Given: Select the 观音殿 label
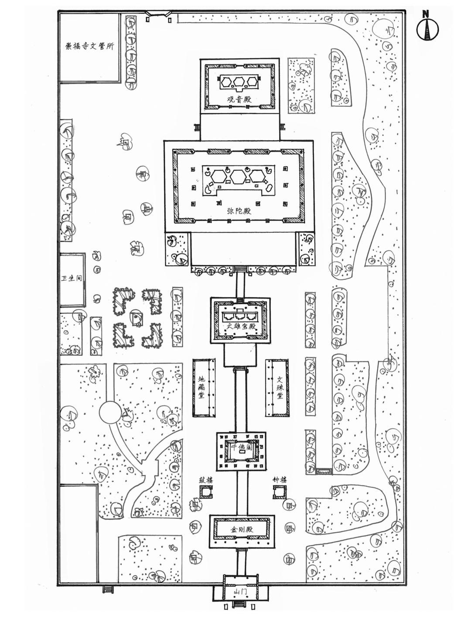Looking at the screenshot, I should pyautogui.click(x=239, y=99).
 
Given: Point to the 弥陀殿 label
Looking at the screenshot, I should pyautogui.click(x=239, y=211).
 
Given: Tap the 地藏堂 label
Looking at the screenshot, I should pyautogui.click(x=201, y=386).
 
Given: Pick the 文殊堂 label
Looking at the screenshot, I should pyautogui.click(x=280, y=386).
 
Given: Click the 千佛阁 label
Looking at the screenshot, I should pyautogui.click(x=242, y=448).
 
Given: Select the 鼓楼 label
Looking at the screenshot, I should pyautogui.click(x=206, y=480).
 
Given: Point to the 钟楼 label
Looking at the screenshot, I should pyautogui.click(x=280, y=480).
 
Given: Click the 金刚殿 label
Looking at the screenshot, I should pyautogui.click(x=242, y=530).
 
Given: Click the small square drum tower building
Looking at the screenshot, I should pyautogui.click(x=206, y=492).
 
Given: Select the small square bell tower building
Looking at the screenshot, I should pyautogui.click(x=279, y=492).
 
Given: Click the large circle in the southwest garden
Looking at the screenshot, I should pyautogui.click(x=109, y=412).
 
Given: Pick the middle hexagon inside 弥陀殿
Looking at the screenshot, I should pyautogui.click(x=239, y=177).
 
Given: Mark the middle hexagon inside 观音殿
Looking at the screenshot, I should pyautogui.click(x=239, y=81).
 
